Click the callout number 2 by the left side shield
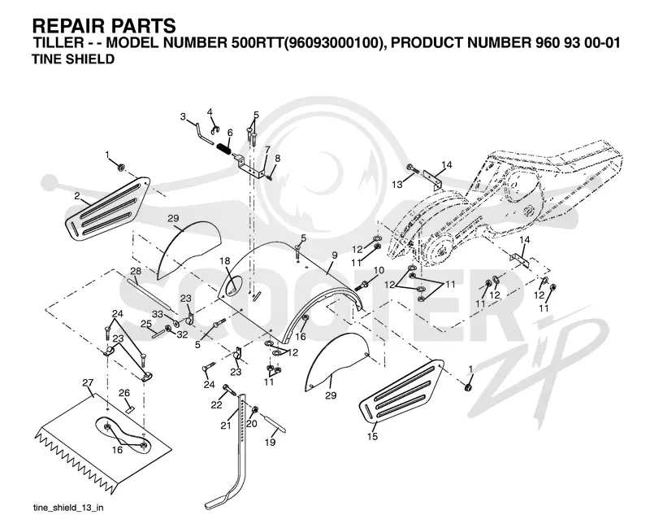77,196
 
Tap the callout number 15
372,436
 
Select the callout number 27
88,382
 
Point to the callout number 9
335,255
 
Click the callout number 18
225,260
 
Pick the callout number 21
226,425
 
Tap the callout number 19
271,443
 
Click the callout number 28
136,271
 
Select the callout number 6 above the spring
230,133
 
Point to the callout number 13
397,185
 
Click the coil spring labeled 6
223,148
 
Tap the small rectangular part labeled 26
130,409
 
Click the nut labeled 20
255,409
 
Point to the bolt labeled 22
228,390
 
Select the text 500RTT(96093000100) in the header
305,43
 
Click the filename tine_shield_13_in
68,508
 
